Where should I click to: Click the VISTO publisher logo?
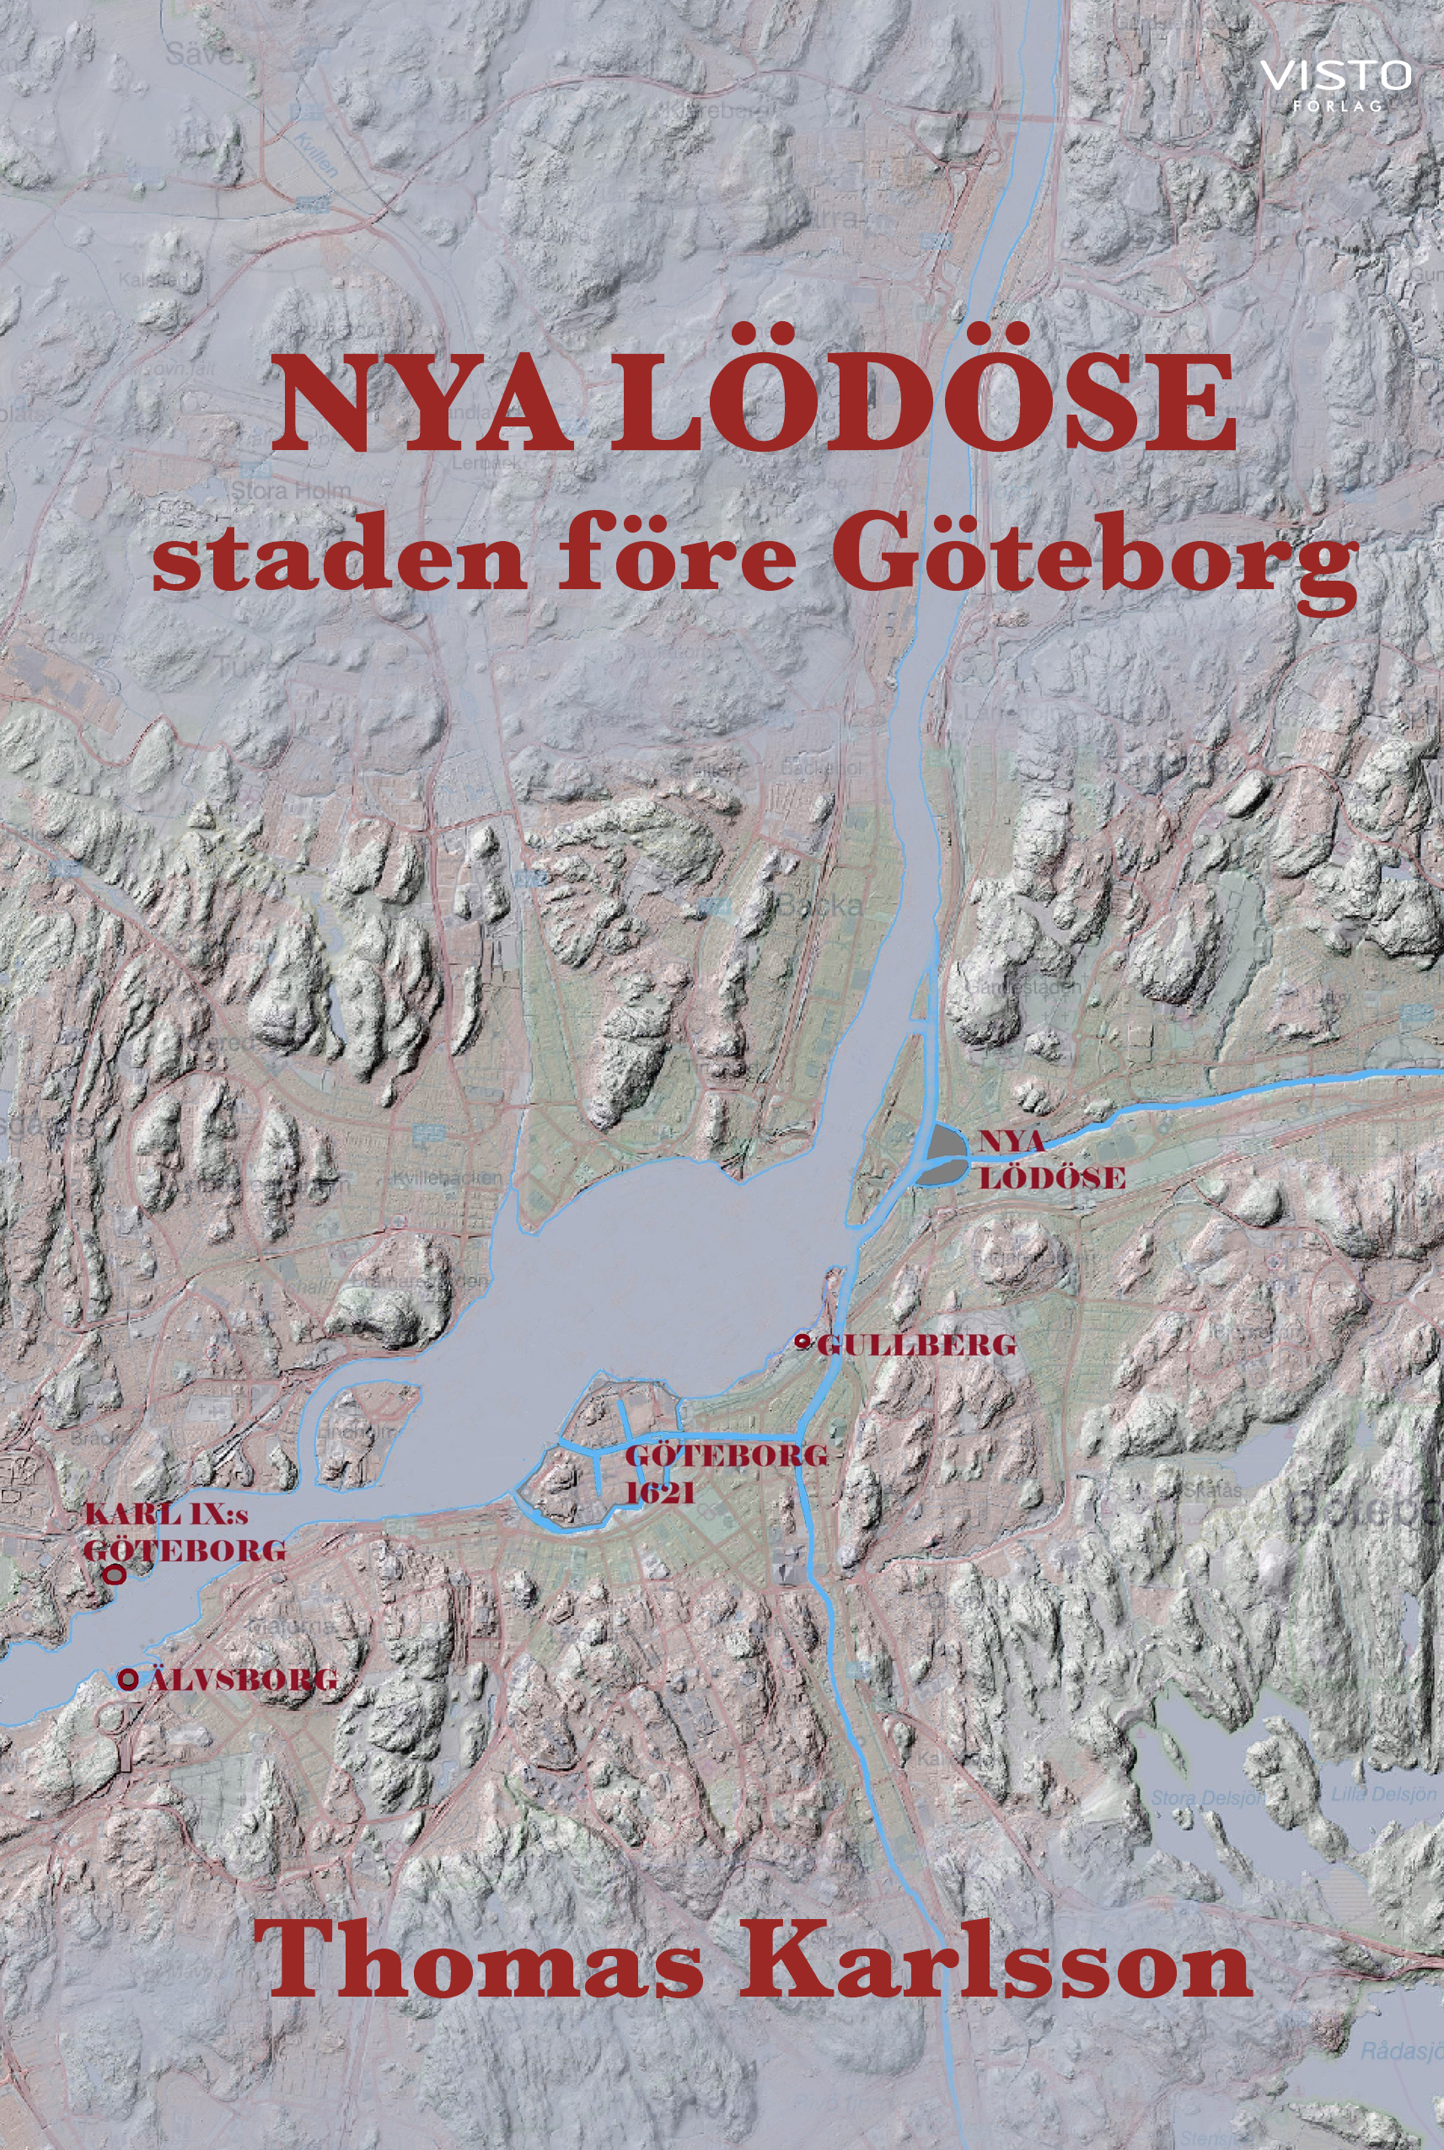1334,76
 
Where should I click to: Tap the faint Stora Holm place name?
290,491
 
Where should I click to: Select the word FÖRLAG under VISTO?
1337,105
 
